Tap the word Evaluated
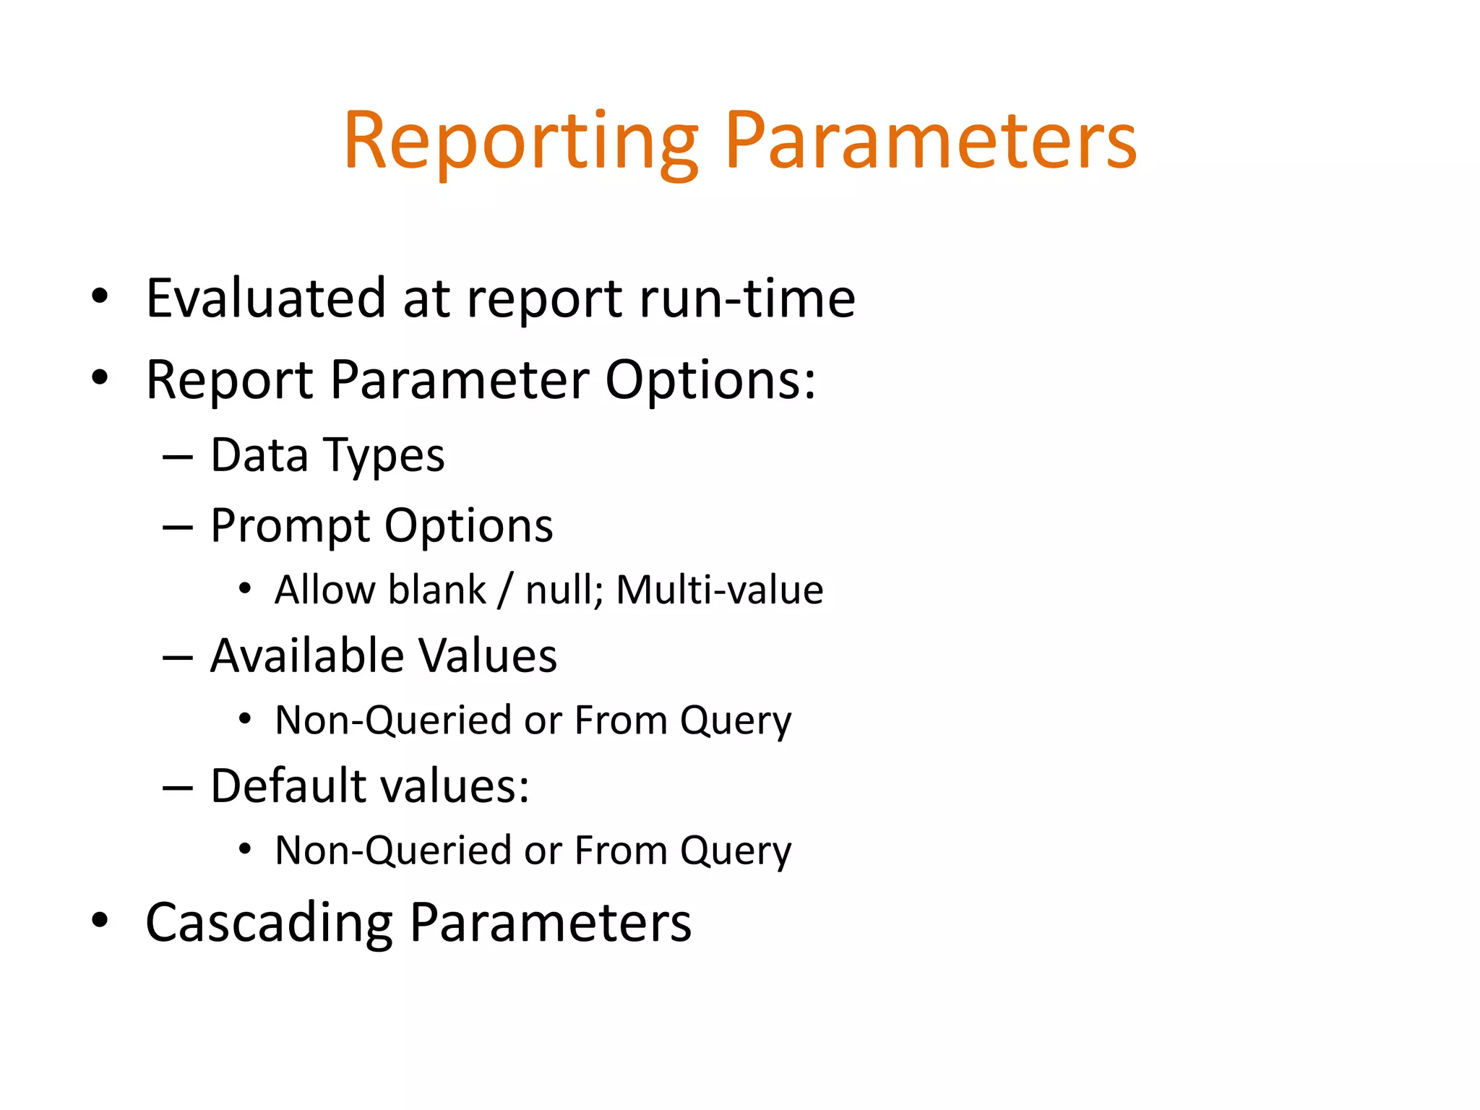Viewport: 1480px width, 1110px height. tap(265, 298)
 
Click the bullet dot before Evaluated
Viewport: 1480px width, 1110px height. tap(100, 296)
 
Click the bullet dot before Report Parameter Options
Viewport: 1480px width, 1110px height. tap(100, 377)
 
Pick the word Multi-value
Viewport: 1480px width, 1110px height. tap(720, 590)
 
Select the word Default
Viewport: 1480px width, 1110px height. tap(288, 786)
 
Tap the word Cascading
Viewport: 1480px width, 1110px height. tap(269, 924)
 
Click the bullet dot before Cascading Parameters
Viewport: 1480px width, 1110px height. tap(100, 920)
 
